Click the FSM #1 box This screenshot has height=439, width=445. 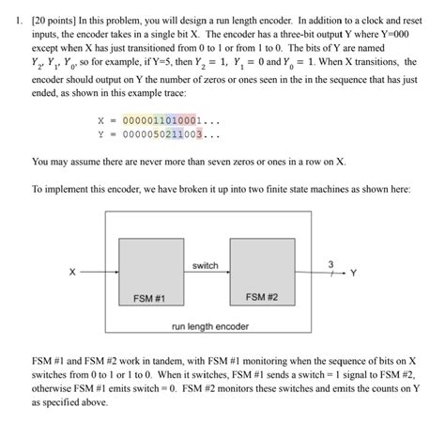[x=151, y=271]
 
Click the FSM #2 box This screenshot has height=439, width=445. [x=261, y=271]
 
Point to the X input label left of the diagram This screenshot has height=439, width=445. [x=71, y=275]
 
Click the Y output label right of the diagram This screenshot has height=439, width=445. [x=354, y=275]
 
